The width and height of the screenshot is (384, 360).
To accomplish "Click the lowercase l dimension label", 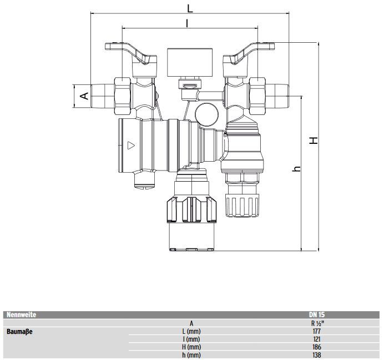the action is click(x=187, y=23).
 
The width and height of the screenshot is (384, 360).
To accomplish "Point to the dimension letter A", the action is click(x=84, y=96).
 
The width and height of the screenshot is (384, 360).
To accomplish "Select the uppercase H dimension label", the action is click(x=314, y=140).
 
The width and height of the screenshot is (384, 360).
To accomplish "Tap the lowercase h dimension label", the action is click(x=296, y=169).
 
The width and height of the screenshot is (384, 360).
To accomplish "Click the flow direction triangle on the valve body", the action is click(x=131, y=146).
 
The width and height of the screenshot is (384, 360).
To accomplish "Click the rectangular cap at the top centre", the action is click(x=190, y=62).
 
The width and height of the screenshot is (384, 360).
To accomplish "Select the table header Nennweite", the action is click(x=21, y=314).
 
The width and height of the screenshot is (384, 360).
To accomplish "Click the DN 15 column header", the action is click(x=317, y=314).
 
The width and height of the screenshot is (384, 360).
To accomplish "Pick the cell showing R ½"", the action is click(x=317, y=323).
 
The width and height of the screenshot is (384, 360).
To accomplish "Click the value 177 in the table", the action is click(x=317, y=331).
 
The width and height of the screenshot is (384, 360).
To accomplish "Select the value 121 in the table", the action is click(x=317, y=339).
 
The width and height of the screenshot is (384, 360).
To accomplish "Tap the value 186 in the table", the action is click(x=317, y=347).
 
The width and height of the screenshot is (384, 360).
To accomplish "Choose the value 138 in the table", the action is click(x=317, y=354).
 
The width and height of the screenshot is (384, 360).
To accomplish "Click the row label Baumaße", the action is click(x=19, y=332).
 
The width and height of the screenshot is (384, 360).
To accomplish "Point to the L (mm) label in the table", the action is click(x=191, y=331).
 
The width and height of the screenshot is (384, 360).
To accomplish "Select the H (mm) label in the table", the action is click(x=191, y=347).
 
